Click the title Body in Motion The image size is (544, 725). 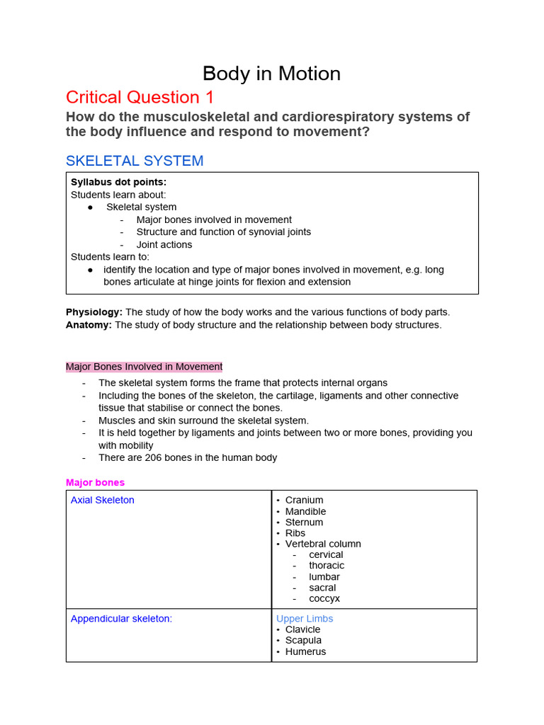pos(271,74)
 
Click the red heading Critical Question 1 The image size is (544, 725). pos(140,97)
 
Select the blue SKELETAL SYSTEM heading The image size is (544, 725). pos(135,161)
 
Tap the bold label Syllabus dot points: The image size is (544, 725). pos(118,182)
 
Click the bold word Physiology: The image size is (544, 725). pos(94,312)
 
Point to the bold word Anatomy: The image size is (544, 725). pos(89,325)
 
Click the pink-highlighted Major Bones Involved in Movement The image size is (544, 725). pos(144,367)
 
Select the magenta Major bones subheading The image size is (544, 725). pos(95,482)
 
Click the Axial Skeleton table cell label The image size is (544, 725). pos(102,500)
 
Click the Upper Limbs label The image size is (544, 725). pos(305,618)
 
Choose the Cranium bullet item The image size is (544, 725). pos(304,500)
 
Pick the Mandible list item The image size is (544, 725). pos(305,511)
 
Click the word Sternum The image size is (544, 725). pos(304,523)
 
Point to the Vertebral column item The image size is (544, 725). pos(323,544)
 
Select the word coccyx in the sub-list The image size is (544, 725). pos(324,598)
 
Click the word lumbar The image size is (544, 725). pos(324,577)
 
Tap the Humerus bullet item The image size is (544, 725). pos(305,651)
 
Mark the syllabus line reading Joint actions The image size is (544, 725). pos(164,244)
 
